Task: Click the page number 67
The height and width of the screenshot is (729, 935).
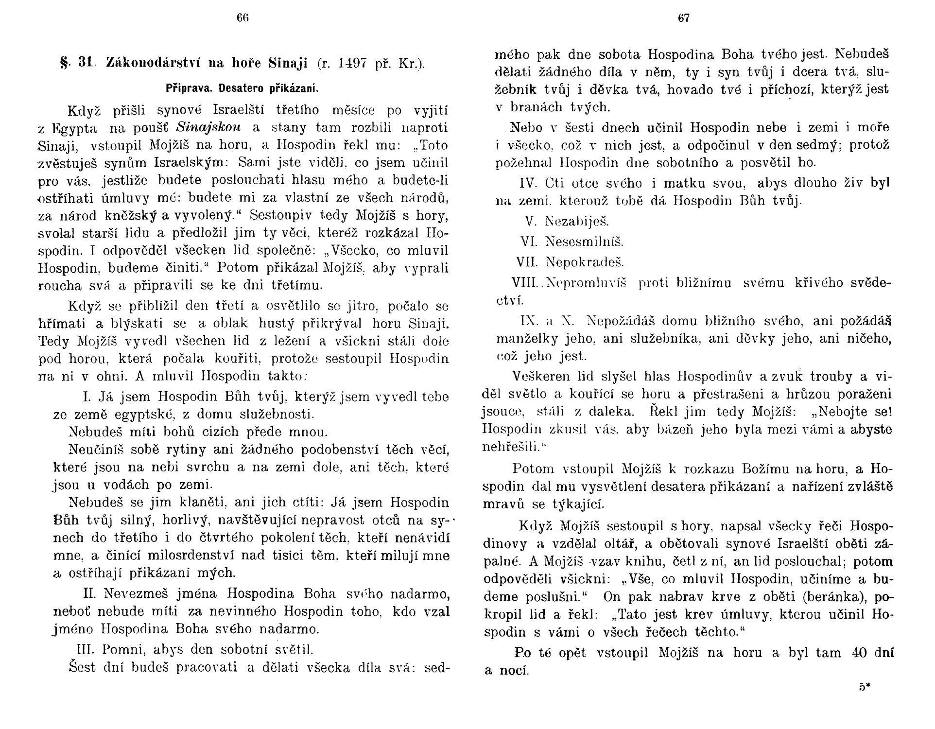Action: tap(683, 18)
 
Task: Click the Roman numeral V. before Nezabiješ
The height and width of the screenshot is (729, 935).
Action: tap(531, 222)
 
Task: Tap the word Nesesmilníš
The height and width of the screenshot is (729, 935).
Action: tap(585, 242)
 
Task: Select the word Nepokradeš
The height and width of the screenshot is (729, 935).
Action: tap(585, 262)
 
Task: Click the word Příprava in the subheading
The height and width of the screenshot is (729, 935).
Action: tap(188, 88)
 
